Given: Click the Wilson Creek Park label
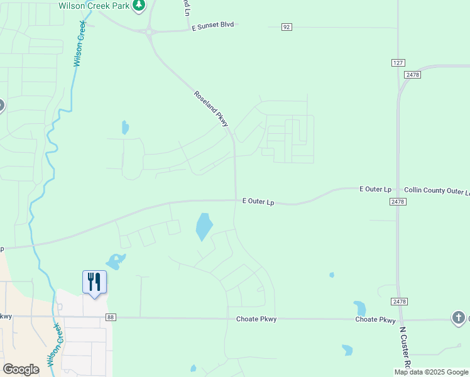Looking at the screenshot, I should (94, 6).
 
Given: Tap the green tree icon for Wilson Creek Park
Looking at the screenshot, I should (139, 5).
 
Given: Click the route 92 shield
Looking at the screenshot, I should (287, 26).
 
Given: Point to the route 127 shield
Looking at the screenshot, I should (398, 63).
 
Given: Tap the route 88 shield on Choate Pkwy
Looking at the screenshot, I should (111, 318).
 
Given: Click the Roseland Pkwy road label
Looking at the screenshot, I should (211, 109).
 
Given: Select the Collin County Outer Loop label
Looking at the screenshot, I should (437, 190).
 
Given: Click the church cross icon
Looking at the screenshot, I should (459, 318).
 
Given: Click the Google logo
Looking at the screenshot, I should (21, 369).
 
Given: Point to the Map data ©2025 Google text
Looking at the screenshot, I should (431, 372).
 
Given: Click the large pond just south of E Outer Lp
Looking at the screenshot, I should (204, 227).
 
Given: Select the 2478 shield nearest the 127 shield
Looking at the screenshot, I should (412, 74).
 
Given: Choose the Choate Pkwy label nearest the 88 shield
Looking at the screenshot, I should (256, 319).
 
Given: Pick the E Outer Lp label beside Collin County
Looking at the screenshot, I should (375, 189).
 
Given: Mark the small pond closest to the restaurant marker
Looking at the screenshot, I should (116, 260).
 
